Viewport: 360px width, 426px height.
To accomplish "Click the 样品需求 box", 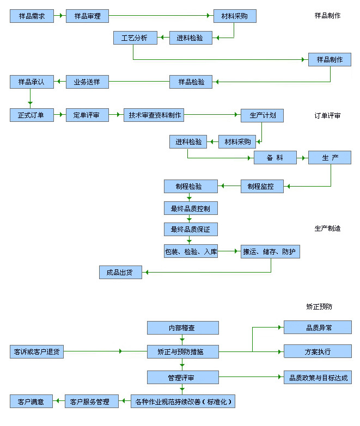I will tap(32, 16).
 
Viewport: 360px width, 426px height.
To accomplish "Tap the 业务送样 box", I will tap(87, 82).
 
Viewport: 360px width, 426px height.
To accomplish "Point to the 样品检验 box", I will tap(191, 82).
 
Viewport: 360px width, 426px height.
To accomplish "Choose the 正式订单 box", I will tap(32, 115).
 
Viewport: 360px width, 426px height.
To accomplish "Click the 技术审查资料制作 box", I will tap(154, 115).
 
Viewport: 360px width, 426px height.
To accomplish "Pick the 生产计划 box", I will tap(263, 115).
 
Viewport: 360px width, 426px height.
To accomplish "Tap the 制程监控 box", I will tap(264, 187).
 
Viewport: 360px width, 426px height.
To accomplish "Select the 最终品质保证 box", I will tap(191, 229).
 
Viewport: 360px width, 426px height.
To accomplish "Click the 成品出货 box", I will tap(120, 273).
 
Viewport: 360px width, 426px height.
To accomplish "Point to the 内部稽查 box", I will tap(182, 328).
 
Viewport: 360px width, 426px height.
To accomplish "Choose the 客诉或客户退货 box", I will tap(36, 351).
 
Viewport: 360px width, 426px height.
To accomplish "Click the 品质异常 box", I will tap(318, 328).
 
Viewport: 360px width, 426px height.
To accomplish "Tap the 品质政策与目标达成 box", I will tap(318, 377).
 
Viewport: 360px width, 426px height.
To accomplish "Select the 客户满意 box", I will tap(31, 402).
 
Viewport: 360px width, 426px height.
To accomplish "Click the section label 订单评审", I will tap(328, 116).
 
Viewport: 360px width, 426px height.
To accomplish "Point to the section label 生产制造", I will tap(328, 229).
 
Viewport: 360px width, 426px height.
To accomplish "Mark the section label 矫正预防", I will tap(319, 306).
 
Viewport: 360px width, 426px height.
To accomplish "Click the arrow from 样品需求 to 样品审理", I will tap(59, 16).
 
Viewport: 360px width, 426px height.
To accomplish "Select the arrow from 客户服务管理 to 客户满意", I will tap(58, 402).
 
